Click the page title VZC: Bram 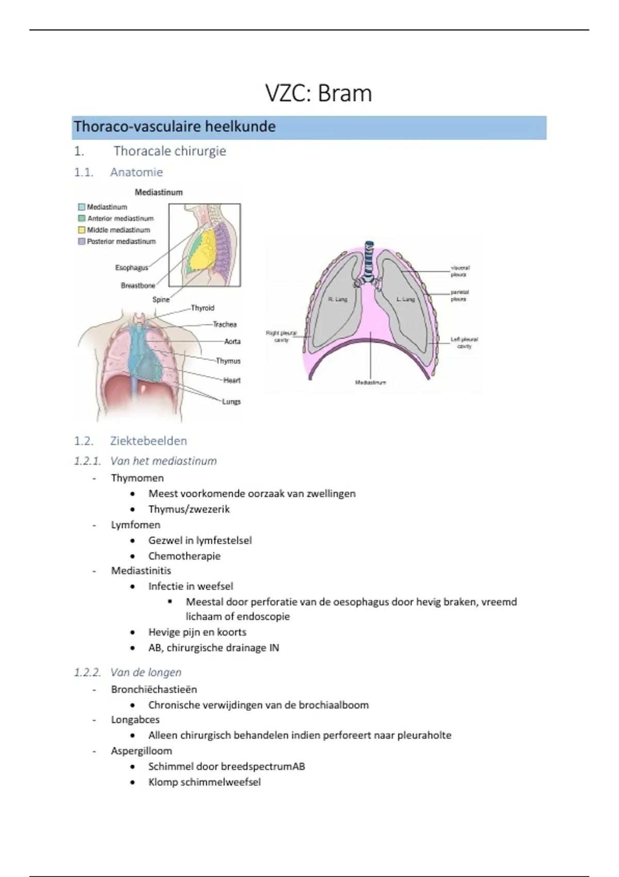tap(318, 94)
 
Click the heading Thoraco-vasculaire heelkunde tap(174, 127)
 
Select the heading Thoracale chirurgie tap(170, 151)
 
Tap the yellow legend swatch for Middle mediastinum tap(82, 230)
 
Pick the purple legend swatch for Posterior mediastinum tap(82, 241)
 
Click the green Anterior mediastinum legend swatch tap(82, 219)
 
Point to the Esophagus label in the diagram tap(132, 268)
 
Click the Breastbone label tap(138, 286)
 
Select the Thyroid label tap(202, 308)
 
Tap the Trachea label tap(224, 324)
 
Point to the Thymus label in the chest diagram tap(228, 361)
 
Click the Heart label tap(232, 381)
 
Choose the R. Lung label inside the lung tap(338, 299)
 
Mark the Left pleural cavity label tap(464, 343)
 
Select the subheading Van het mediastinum tap(163, 461)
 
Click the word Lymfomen tap(136, 525)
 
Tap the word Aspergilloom tap(141, 751)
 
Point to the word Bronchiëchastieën tap(154, 690)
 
